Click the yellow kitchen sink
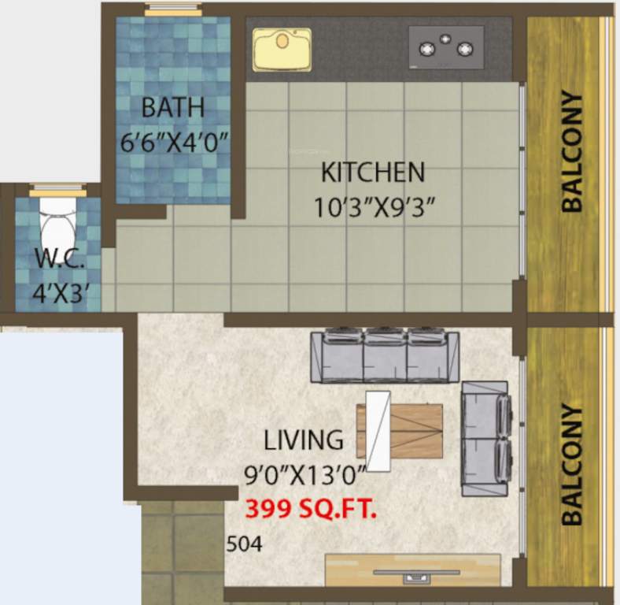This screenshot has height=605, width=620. click(x=282, y=50)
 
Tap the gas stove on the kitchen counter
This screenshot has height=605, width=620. click(x=446, y=47)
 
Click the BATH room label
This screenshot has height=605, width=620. click(x=173, y=106)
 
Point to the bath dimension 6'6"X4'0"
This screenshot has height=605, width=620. click(x=174, y=143)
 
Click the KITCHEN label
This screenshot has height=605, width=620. click(x=373, y=171)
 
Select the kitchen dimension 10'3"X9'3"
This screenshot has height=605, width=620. click(x=375, y=208)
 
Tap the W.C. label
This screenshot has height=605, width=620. click(x=54, y=259)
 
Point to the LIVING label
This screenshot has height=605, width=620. click(x=304, y=439)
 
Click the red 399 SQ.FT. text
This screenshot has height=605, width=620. click(x=312, y=509)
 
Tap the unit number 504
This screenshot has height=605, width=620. click(x=244, y=544)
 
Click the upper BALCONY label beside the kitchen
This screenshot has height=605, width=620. click(x=572, y=151)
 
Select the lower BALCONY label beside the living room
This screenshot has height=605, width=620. click(x=572, y=465)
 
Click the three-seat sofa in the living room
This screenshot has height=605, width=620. click(x=385, y=357)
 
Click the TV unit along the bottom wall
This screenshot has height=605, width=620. click(x=412, y=570)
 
